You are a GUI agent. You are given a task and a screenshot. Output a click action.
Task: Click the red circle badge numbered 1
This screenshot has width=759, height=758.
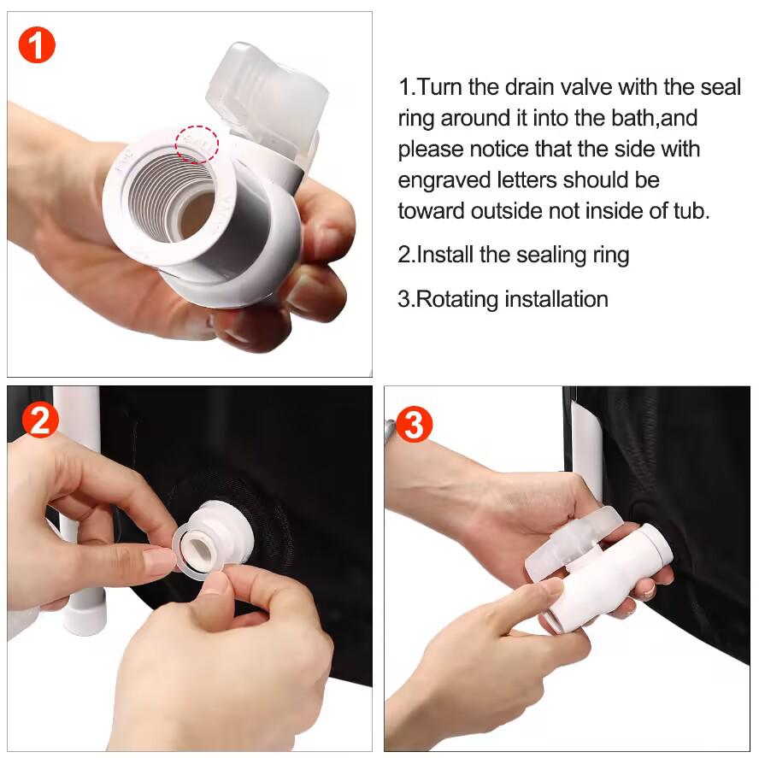(37, 44)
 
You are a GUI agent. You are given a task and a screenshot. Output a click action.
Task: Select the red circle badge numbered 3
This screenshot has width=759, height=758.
(414, 425)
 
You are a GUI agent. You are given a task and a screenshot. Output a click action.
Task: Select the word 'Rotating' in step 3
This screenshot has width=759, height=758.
(456, 299)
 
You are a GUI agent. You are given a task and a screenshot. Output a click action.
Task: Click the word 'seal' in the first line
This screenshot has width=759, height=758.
(720, 87)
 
